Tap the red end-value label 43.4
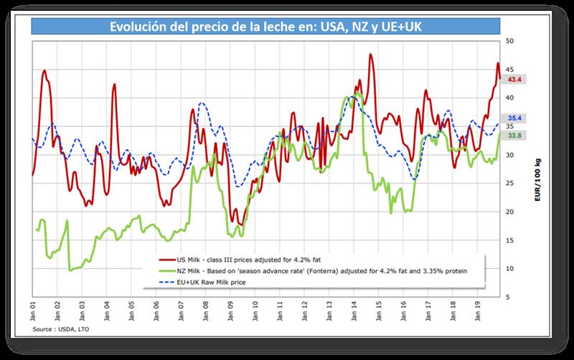(x=513, y=79)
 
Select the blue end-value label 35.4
(x=513, y=118)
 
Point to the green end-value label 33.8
(x=513, y=136)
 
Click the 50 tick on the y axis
(x=510, y=42)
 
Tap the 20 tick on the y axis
(x=510, y=212)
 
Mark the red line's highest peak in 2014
(x=370, y=55)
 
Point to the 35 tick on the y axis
(x=510, y=127)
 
